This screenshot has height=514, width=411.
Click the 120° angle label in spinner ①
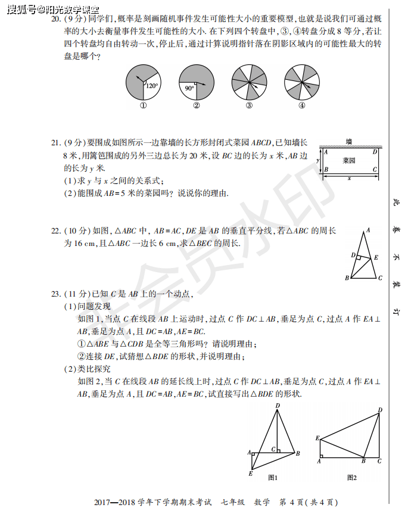tap(152, 86)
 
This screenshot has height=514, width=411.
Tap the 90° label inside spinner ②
tap(189, 88)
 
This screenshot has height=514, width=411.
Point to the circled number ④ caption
tap(301, 107)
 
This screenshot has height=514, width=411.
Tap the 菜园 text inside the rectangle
tap(349, 161)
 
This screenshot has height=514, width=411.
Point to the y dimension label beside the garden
tap(318, 160)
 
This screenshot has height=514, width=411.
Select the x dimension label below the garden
tap(349, 177)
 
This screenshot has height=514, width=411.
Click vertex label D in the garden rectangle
tap(374, 152)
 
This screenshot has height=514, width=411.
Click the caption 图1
tap(273, 478)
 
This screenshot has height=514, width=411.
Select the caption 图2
tap(353, 478)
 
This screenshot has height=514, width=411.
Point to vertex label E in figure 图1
tap(251, 474)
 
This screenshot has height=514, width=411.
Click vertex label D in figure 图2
tap(381, 410)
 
